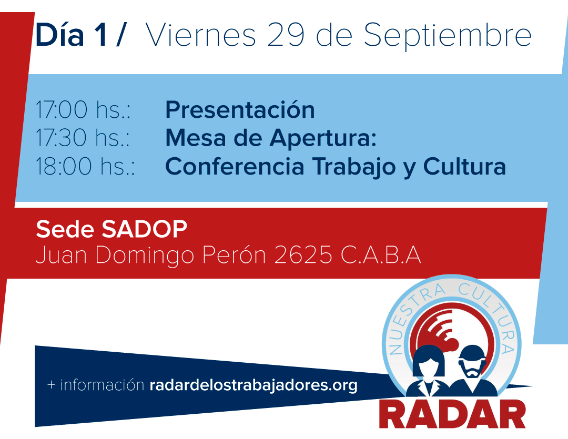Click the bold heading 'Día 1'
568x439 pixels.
click(x=70, y=35)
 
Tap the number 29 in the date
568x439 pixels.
click(x=286, y=35)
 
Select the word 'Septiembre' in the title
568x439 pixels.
click(x=448, y=36)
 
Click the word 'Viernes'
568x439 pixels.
click(x=201, y=35)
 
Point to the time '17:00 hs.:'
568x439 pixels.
click(x=83, y=109)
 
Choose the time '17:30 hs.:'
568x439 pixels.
click(x=83, y=138)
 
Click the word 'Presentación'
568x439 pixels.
click(x=240, y=109)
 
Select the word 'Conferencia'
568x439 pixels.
click(x=235, y=166)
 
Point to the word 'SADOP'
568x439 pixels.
click(x=144, y=229)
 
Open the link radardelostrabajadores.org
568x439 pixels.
click(x=253, y=385)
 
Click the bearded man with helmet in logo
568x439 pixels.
click(x=472, y=370)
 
